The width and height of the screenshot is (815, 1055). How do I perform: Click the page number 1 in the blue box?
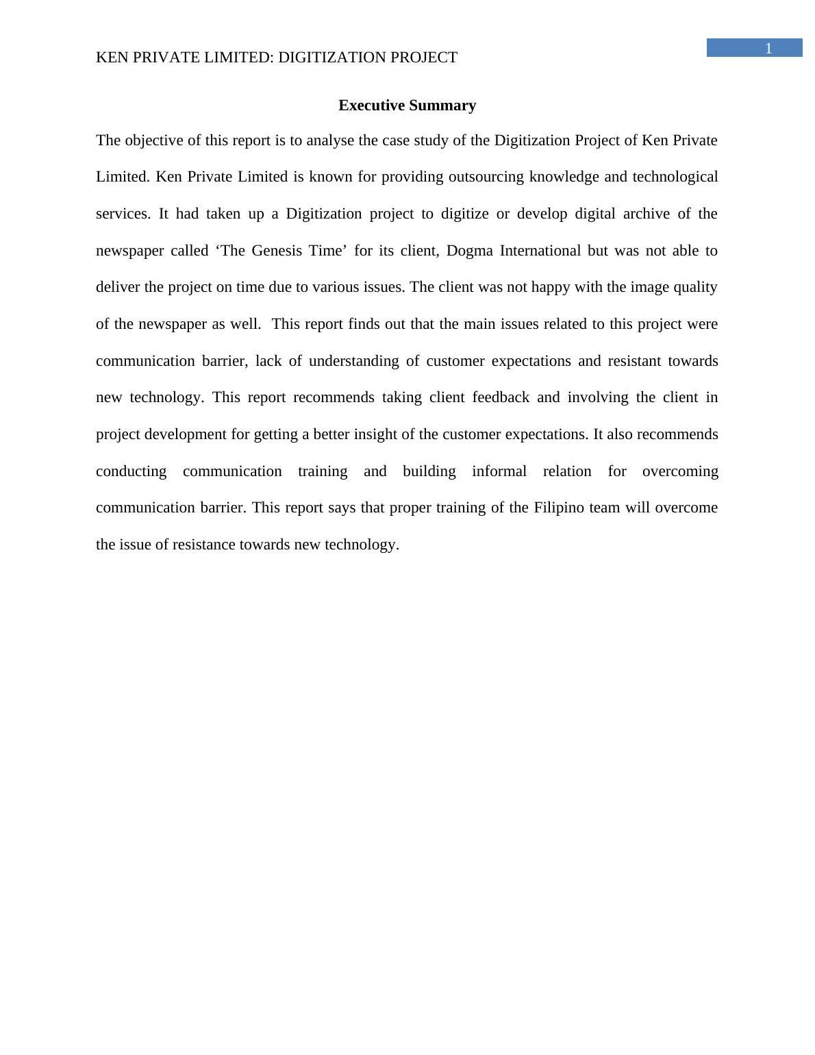click(x=768, y=48)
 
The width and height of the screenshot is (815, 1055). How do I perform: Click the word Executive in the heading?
click(x=371, y=105)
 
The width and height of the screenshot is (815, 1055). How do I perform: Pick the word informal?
click(x=499, y=471)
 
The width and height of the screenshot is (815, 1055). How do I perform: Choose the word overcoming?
click(x=680, y=471)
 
